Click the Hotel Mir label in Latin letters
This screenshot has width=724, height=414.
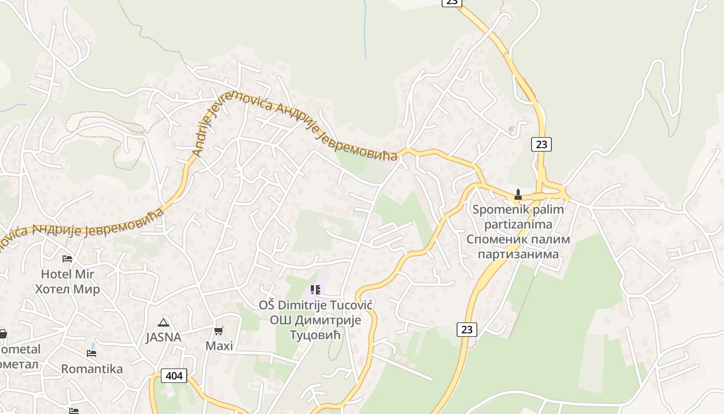67,274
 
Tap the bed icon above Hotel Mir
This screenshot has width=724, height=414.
67,258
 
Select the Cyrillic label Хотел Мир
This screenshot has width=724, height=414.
67,289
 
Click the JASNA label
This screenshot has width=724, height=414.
163,337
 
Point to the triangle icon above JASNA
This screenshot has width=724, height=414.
163,322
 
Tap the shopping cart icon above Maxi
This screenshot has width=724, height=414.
219,331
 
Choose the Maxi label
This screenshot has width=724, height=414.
219,346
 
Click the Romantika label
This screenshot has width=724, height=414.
92,369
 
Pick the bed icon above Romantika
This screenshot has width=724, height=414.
92,353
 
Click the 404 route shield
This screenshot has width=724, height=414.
174,376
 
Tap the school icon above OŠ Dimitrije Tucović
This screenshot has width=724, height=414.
315,290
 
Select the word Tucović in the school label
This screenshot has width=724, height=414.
351,305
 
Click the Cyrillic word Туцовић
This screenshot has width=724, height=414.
316,335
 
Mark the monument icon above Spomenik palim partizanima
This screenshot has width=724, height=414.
518,195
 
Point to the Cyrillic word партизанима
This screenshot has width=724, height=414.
518,254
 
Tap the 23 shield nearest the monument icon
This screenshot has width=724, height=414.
541,144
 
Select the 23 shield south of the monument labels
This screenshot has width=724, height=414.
466,329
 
